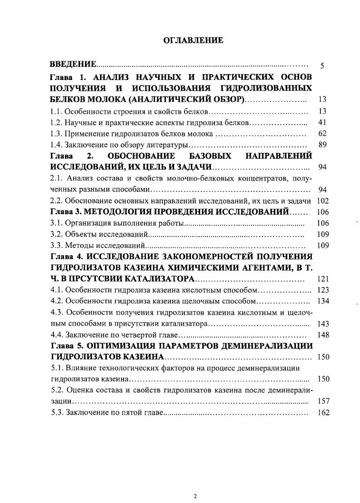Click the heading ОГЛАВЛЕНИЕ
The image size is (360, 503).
pos(193,40)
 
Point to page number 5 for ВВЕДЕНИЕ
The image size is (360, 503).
pos(322,65)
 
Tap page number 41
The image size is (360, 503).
pos(322,122)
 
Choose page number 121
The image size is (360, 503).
pos(322,279)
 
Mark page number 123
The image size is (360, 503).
pos(322,290)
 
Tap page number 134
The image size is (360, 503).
pos(322,301)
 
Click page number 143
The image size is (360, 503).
pos(322,323)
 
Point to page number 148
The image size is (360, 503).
pos(322,335)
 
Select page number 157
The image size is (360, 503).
pos(322,401)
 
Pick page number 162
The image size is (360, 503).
pos(322,413)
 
